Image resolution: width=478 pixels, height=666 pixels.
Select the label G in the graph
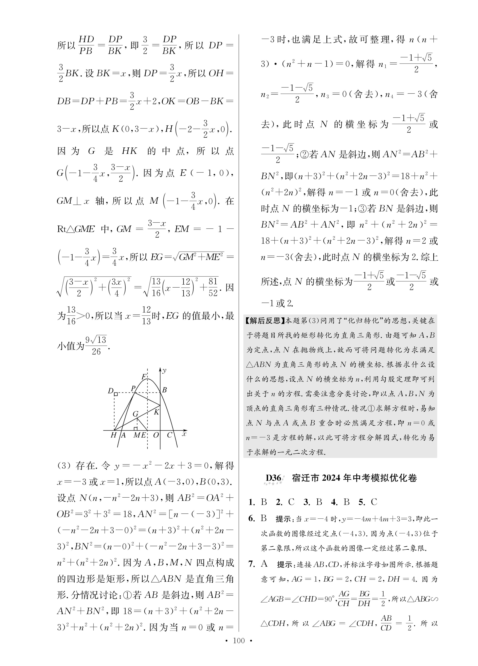[x=135, y=414]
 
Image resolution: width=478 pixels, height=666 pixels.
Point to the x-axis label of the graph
[x=184, y=434]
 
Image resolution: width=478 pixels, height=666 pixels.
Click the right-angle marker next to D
[x=116, y=394]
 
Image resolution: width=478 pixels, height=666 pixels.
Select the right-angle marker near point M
[x=136, y=429]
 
